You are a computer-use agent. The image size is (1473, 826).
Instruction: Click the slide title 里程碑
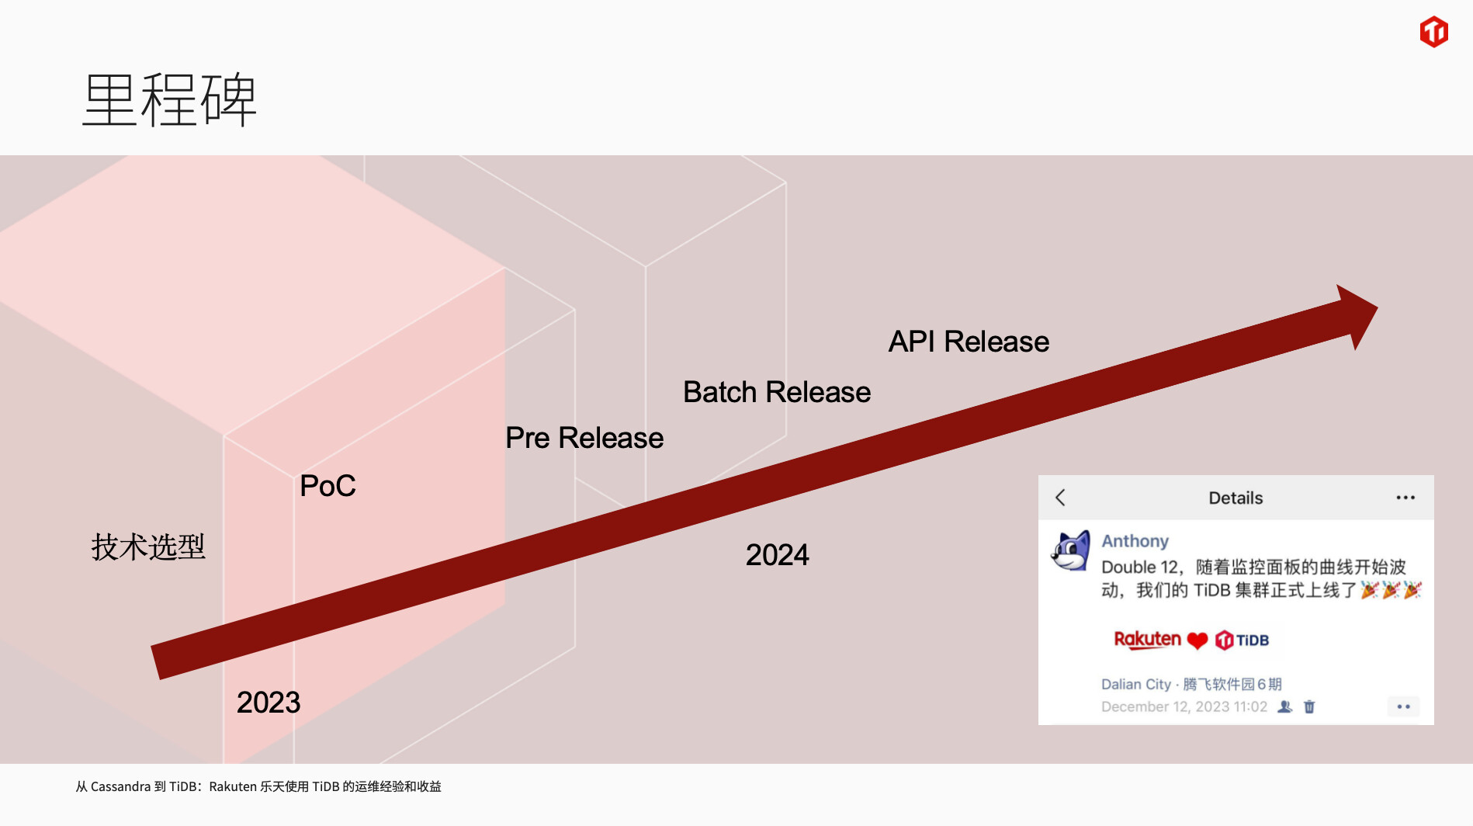tap(169, 99)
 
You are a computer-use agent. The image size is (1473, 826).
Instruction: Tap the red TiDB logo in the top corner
tap(1433, 32)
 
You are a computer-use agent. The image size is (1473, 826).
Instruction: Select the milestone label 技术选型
tap(148, 547)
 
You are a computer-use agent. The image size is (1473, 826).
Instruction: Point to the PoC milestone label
tap(328, 486)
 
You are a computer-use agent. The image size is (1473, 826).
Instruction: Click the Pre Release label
tap(584, 438)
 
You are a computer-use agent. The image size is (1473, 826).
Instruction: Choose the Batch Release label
tap(777, 392)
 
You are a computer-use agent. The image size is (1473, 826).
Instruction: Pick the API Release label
tap(969, 342)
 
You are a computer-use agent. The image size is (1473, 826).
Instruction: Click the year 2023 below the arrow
tap(269, 703)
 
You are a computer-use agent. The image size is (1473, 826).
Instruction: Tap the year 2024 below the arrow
tap(778, 555)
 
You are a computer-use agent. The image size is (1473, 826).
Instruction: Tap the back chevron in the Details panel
tap(1060, 498)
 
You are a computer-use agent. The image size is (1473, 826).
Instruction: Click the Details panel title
tap(1236, 498)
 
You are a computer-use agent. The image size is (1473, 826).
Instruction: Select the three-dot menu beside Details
tap(1405, 498)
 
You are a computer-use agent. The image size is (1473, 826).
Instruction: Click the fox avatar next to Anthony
tap(1070, 551)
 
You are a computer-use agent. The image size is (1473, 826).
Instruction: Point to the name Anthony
tap(1135, 541)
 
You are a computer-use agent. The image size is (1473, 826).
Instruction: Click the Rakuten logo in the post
tap(1147, 640)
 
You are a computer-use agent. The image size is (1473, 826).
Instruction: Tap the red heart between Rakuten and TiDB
tap(1197, 640)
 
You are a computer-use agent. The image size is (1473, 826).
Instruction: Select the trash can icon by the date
tap(1309, 706)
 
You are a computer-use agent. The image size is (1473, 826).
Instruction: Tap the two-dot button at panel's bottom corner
tap(1403, 706)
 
